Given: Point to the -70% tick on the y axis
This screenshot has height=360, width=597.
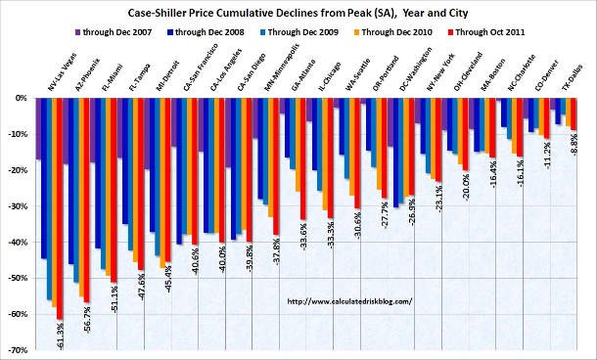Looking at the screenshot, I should click(19, 350).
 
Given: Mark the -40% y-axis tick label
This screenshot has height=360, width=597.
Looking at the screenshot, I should click(19, 243).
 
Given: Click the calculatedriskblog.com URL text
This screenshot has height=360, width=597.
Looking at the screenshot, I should click(349, 301).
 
